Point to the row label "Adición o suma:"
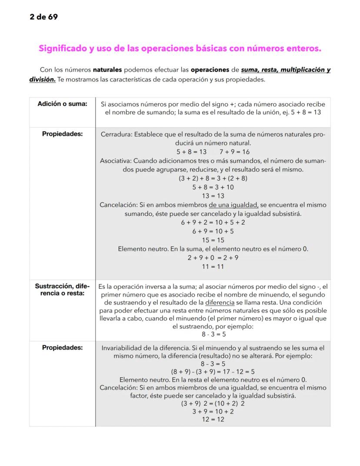click(x=63, y=104)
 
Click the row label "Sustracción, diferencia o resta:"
click(x=63, y=290)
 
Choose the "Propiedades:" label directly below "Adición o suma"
click(x=63, y=134)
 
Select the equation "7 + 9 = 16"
click(x=234, y=152)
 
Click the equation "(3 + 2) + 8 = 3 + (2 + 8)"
click(x=213, y=178)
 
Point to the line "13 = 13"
click(x=213, y=196)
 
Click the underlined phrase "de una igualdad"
click(x=233, y=205)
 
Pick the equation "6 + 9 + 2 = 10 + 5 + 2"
click(x=213, y=222)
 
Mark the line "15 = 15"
click(x=213, y=240)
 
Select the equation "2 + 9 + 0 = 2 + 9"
click(x=213, y=258)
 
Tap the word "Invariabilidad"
click(x=123, y=348)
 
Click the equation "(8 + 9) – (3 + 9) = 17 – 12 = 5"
click(x=213, y=372)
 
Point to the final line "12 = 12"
click(x=213, y=419)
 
